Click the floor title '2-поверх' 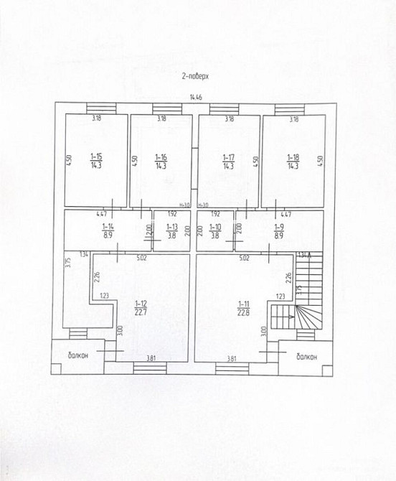point(195,74)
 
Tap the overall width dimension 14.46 point(195,96)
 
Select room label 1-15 point(96,156)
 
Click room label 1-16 point(161,156)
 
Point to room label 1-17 point(228,156)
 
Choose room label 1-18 point(293,156)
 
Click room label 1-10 point(214,226)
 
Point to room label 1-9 point(279,226)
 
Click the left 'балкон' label point(78,355)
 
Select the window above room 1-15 point(96,109)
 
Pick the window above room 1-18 point(293,109)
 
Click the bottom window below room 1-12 point(150,368)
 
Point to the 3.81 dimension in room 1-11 point(231,358)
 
